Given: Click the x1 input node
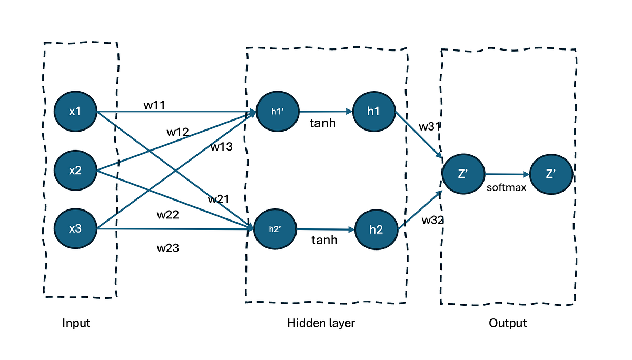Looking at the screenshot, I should pos(76,112).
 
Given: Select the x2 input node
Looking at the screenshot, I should pos(76,170).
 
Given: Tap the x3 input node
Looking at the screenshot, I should pos(76,229).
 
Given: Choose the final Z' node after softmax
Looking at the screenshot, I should pos(551,174).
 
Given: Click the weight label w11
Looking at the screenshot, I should pos(154,105).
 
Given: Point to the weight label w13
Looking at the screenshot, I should pos(222,147).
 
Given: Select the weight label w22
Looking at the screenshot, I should pos(167,215).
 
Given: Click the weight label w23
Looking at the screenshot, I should pos(167,247).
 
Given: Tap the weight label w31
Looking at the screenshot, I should pos(430,127).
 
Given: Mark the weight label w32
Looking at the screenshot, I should pos(433,220).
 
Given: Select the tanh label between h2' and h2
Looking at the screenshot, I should pos(324,240).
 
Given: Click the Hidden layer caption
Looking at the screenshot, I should pos(321,323).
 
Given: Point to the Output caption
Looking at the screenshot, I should pos(508,323).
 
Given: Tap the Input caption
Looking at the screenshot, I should pos(76,323).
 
